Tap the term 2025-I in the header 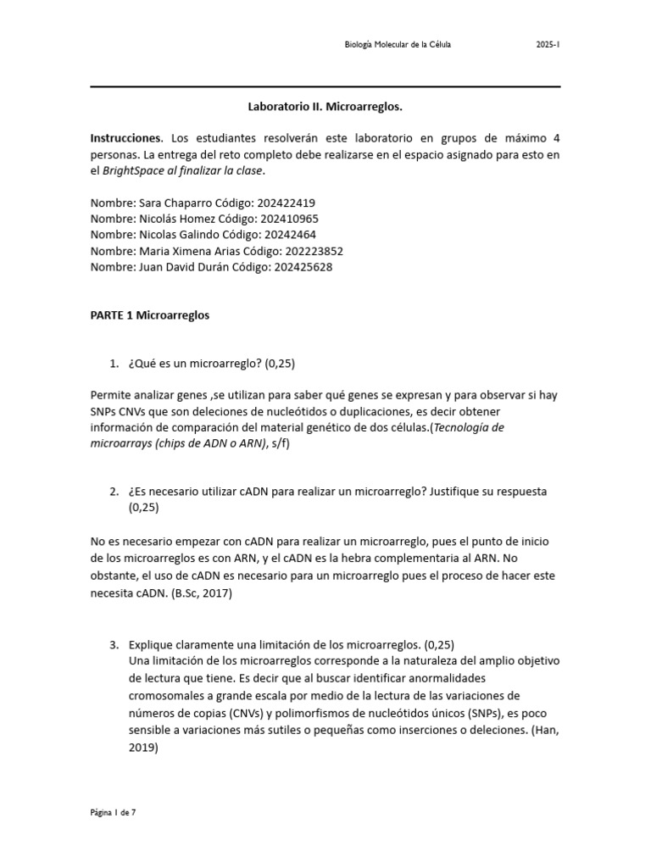click(548, 45)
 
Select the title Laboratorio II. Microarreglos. click(325, 108)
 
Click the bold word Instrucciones click(125, 137)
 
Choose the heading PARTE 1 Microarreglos click(150, 315)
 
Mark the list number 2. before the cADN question click(114, 492)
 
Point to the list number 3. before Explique click(114, 644)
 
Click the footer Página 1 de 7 click(113, 812)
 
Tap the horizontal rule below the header click(325, 86)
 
